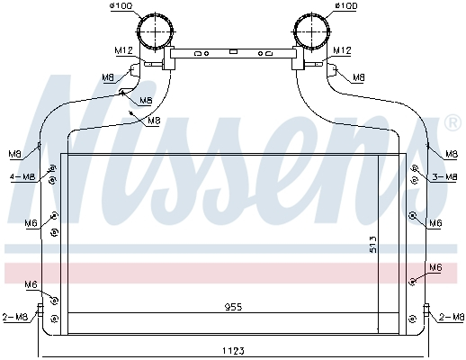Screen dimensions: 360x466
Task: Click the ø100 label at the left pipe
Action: click(x=120, y=8)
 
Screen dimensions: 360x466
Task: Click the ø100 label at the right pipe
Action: click(x=345, y=8)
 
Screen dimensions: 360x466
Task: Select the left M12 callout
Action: click(x=124, y=51)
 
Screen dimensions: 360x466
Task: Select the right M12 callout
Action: click(x=342, y=51)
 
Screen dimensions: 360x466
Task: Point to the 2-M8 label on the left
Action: click(x=15, y=317)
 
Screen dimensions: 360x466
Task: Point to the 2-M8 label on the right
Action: click(x=451, y=317)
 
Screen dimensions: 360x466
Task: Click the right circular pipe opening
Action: click(x=309, y=34)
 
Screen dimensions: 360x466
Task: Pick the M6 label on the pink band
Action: click(x=435, y=267)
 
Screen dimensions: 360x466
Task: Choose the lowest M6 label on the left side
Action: click(x=31, y=284)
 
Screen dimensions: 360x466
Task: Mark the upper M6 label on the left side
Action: click(x=31, y=222)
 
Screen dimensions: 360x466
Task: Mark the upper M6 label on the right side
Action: click(x=435, y=222)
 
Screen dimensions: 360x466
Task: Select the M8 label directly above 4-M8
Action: click(x=14, y=153)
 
